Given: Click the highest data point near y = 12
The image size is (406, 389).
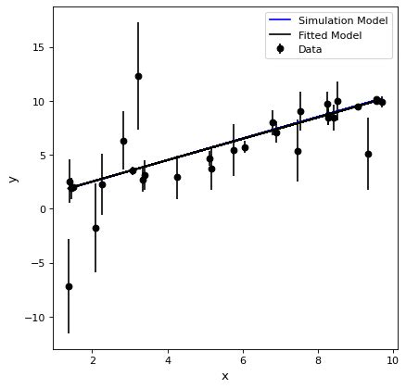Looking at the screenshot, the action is pyautogui.click(x=138, y=76).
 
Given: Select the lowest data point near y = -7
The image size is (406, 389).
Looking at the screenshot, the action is pyautogui.click(x=69, y=287).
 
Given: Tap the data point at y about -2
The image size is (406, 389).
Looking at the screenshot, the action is pyautogui.click(x=95, y=229).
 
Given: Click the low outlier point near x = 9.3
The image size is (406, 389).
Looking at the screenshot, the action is pyautogui.click(x=368, y=154).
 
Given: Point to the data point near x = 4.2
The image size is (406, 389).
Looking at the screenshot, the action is pyautogui.click(x=177, y=178).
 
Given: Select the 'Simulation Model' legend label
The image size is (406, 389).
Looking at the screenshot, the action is pyautogui.click(x=343, y=20).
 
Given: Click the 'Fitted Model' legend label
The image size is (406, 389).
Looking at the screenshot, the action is pyautogui.click(x=330, y=35).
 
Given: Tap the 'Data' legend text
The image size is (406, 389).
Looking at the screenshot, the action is pyautogui.click(x=311, y=49).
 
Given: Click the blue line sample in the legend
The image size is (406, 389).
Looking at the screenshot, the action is pyautogui.click(x=280, y=20).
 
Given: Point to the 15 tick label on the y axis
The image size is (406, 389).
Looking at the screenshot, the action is pyautogui.click(x=39, y=48).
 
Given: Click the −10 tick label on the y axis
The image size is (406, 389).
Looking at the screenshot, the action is pyautogui.click(x=35, y=318).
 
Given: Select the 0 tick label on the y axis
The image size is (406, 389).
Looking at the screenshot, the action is pyautogui.click(x=42, y=209).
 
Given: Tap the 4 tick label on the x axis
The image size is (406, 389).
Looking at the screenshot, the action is pyautogui.click(x=168, y=360).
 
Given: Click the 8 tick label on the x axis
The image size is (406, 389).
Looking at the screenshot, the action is pyautogui.click(x=319, y=360).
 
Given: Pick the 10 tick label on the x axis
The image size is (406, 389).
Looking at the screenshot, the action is pyautogui.click(x=392, y=360).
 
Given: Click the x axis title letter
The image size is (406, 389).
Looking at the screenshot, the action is pyautogui.click(x=225, y=376).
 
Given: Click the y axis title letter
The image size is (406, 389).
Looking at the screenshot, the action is pyautogui.click(x=13, y=179).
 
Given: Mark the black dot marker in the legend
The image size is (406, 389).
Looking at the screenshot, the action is pyautogui.click(x=280, y=49).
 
